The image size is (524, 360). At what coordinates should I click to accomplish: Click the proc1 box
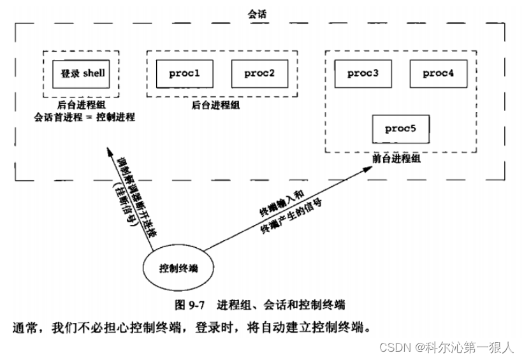tap(185, 73)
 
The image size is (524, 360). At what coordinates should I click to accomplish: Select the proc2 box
tap(259, 73)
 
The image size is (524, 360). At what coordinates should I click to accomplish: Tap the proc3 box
tap(363, 73)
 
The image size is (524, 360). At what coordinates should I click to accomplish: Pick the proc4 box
tap(438, 73)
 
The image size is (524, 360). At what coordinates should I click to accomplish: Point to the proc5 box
tap(400, 128)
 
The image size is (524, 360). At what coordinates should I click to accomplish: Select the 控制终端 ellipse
tap(178, 268)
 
